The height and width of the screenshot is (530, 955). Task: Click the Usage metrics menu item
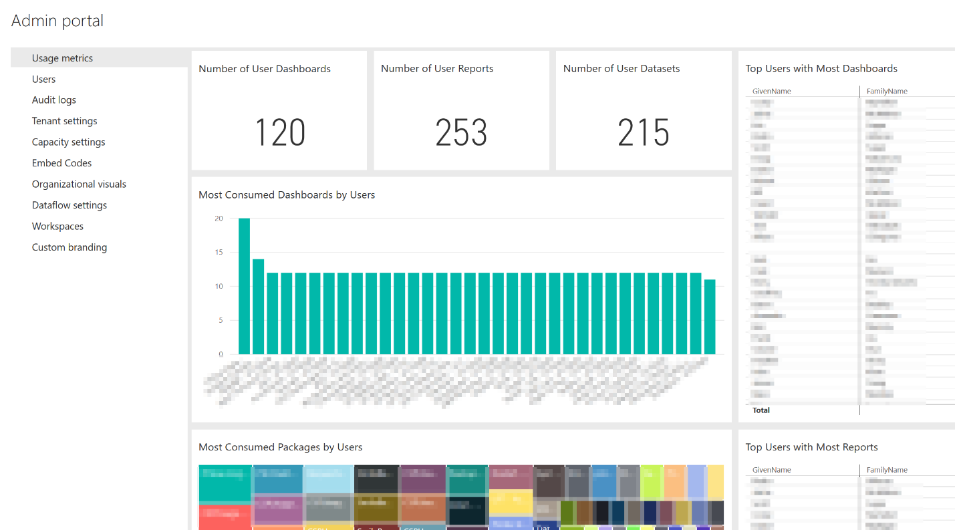tap(62, 58)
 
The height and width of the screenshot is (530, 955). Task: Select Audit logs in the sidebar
tap(54, 100)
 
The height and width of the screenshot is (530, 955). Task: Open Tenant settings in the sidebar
tap(65, 121)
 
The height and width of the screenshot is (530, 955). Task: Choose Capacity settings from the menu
tap(69, 142)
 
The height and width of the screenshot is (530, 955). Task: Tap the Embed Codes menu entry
tap(61, 163)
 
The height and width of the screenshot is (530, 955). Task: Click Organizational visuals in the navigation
tap(79, 184)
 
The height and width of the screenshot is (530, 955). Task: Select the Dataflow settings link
tap(70, 205)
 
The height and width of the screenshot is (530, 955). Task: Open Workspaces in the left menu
tap(57, 227)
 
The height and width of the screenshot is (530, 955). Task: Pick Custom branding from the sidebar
tap(70, 247)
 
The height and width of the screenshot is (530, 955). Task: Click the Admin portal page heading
tap(57, 21)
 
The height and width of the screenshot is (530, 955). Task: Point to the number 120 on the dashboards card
tap(279, 132)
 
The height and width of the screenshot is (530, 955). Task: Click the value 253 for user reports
tap(461, 132)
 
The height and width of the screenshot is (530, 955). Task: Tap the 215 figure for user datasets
tap(644, 132)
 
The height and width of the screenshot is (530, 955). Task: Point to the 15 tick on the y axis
tap(219, 253)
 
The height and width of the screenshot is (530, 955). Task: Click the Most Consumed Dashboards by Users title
tap(287, 195)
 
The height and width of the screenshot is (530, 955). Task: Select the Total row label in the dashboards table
tap(761, 410)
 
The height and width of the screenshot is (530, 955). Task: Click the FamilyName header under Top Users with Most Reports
tap(887, 470)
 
